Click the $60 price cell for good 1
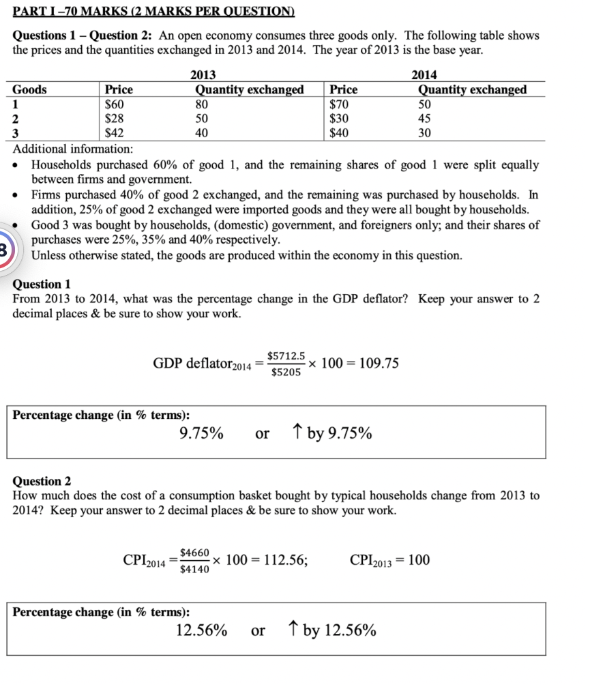coord(113,104)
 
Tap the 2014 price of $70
coord(340,104)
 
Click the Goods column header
coord(30,89)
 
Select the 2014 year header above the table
coord(425,74)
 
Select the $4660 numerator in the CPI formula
coord(194,552)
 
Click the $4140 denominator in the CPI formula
coord(194,569)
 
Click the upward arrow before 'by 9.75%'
coord(297,433)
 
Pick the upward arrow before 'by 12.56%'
coord(293,630)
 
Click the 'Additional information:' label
coord(73,149)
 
